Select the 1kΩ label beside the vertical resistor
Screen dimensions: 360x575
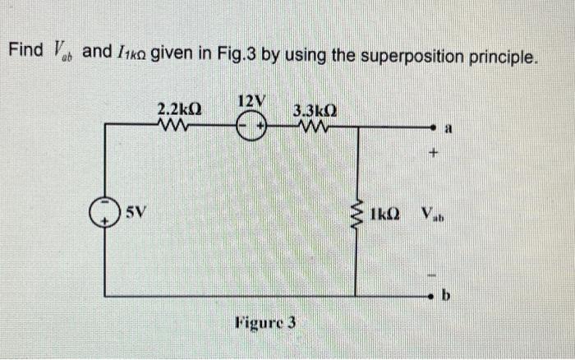coord(385,215)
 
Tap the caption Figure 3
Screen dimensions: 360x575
coord(266,322)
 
